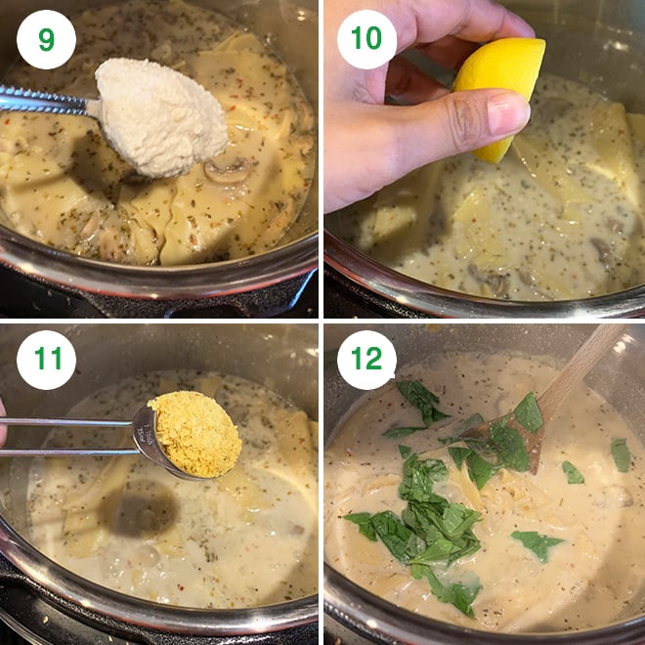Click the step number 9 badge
46,39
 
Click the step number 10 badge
366,39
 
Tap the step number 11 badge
46,360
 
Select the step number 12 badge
366,360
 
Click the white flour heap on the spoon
160,115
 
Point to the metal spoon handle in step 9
44,101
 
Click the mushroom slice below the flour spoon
227,172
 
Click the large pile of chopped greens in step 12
420,523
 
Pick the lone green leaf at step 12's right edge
621,454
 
